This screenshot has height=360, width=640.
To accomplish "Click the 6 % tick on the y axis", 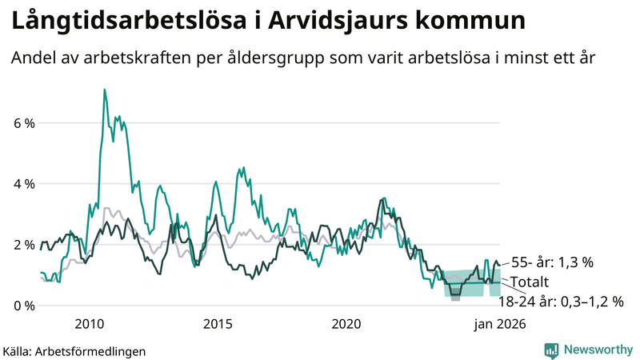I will pyautogui.click(x=22, y=123).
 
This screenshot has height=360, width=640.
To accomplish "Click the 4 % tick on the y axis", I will pyautogui.click(x=22, y=184).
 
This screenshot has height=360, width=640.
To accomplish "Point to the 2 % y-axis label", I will pyautogui.click(x=22, y=245).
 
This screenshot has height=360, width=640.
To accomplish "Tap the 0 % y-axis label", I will pyautogui.click(x=22, y=306).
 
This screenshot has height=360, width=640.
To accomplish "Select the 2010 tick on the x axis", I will pyautogui.click(x=89, y=324).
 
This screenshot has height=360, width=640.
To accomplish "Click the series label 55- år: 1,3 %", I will pyautogui.click(x=552, y=262).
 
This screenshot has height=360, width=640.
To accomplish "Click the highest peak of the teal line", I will pyautogui.click(x=104, y=90).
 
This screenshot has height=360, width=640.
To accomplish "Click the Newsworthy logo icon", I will pyautogui.click(x=551, y=350).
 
